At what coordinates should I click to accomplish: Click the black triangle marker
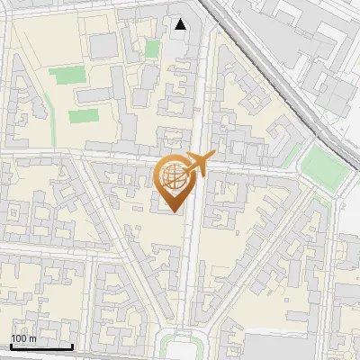coord(181,24)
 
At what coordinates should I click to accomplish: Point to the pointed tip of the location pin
coord(174,211)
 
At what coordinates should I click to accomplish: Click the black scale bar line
coord(41,346)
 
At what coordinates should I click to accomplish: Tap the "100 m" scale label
coord(24,338)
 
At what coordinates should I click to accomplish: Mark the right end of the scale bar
coord(72,346)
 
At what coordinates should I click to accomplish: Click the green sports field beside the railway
coord(319,164)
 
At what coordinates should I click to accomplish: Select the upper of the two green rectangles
coord(64,76)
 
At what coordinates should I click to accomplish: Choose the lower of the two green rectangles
coord(83,116)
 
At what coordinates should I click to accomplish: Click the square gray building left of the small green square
coord(103,44)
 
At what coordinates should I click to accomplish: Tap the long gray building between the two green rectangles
coord(94,95)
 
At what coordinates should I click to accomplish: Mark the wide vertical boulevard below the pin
coord(191,270)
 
